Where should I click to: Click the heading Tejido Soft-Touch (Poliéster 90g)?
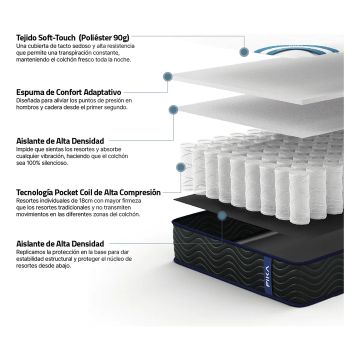click(x=73, y=37)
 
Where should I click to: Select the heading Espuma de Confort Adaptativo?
click(x=68, y=92)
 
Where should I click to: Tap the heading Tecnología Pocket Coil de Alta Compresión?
click(x=88, y=192)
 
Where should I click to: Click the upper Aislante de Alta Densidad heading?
click(x=60, y=140)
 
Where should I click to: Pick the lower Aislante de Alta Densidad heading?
click(x=60, y=243)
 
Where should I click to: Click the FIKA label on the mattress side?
click(x=267, y=276)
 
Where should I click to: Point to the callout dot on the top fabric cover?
click(x=244, y=52)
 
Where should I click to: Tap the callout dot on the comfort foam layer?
click(x=168, y=76)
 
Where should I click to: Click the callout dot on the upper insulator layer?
click(x=173, y=109)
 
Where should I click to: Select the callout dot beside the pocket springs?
click(x=181, y=167)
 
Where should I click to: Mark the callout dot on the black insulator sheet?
click(x=222, y=216)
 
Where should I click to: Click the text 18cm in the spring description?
click(x=85, y=200)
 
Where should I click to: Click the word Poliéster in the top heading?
click(x=95, y=37)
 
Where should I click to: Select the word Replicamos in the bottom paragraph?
click(x=30, y=252)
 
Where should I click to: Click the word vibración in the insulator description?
click(x=50, y=156)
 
